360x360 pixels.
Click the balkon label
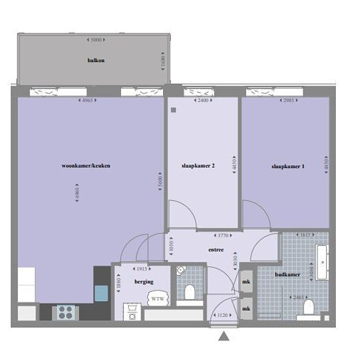click(96, 60)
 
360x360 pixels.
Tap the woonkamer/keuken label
click(86, 166)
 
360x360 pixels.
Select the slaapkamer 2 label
click(198, 166)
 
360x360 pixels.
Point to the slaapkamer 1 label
click(288, 166)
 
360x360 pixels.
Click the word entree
click(216, 249)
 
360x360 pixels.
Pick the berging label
click(144, 281)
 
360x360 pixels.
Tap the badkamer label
click(287, 275)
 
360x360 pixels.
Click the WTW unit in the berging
click(158, 298)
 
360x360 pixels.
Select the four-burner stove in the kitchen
click(65, 312)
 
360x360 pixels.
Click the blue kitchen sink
click(101, 293)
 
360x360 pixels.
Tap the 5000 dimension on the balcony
click(96, 40)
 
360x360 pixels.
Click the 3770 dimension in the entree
click(223, 236)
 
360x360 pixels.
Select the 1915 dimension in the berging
click(142, 269)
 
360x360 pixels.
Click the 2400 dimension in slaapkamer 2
click(203, 100)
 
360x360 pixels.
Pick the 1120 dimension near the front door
click(223, 315)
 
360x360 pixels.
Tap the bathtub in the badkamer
click(322, 262)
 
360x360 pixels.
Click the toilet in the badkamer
click(308, 306)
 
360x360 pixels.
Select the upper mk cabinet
click(246, 281)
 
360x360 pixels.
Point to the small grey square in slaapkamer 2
click(173, 110)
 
